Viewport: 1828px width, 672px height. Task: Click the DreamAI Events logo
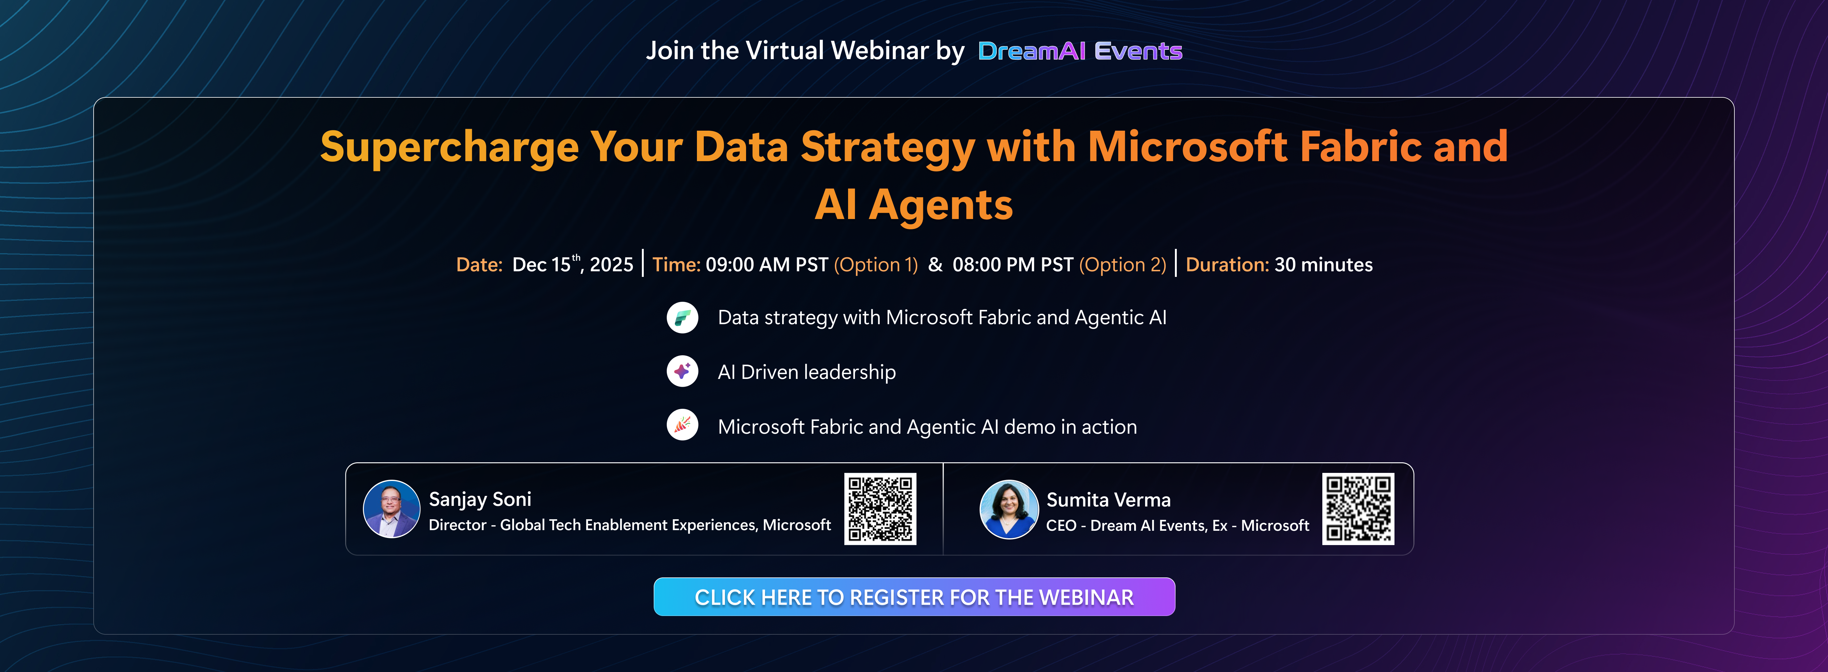(1079, 51)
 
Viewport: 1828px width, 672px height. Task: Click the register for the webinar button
(914, 597)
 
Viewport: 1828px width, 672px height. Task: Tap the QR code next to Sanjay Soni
(880, 509)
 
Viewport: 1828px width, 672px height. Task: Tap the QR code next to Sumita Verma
(1357, 509)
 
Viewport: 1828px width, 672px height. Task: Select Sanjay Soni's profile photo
(391, 509)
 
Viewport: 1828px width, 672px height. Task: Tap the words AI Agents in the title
(913, 205)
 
